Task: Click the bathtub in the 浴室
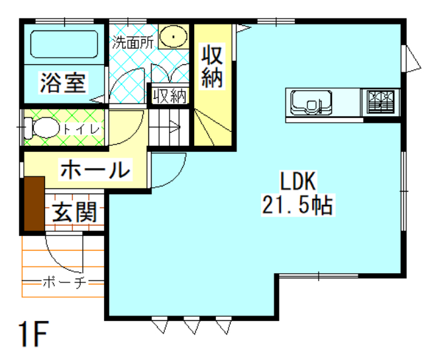[64, 44]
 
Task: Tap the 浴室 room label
[63, 82]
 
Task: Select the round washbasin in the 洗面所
[174, 36]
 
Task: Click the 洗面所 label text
[132, 42]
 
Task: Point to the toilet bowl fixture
[42, 127]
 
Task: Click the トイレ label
[81, 129]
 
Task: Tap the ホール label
[95, 170]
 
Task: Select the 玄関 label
[75, 212]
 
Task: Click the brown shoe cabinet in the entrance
[34, 204]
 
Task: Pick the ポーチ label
[64, 282]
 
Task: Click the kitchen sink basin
[311, 103]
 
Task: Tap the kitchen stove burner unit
[381, 102]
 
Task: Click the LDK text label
[298, 181]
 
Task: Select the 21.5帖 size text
[297, 205]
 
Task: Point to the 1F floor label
[34, 333]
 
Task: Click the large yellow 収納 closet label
[212, 66]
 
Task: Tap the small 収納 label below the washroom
[170, 96]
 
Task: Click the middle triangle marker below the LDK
[191, 326]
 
